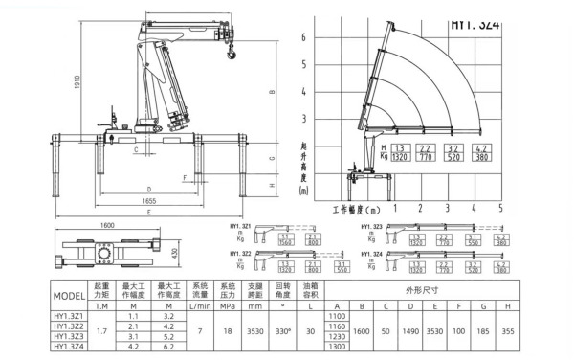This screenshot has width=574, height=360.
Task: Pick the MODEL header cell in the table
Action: (x=70, y=296)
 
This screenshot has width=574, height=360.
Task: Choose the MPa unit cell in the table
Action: (x=228, y=305)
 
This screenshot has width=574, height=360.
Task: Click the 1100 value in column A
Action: (x=336, y=315)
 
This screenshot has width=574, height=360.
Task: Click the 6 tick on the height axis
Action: (x=304, y=37)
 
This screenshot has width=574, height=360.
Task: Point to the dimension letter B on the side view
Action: (x=272, y=92)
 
